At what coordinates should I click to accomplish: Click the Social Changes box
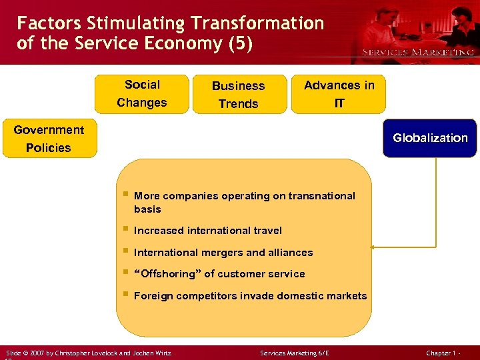142,94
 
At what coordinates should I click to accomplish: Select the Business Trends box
238,95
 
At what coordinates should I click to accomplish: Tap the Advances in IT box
339,94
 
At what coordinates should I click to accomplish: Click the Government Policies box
49,139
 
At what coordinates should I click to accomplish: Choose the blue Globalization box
430,138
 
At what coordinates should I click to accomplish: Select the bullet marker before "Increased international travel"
125,229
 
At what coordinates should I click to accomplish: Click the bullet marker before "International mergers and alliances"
125,251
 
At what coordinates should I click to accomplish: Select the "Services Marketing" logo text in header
418,52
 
